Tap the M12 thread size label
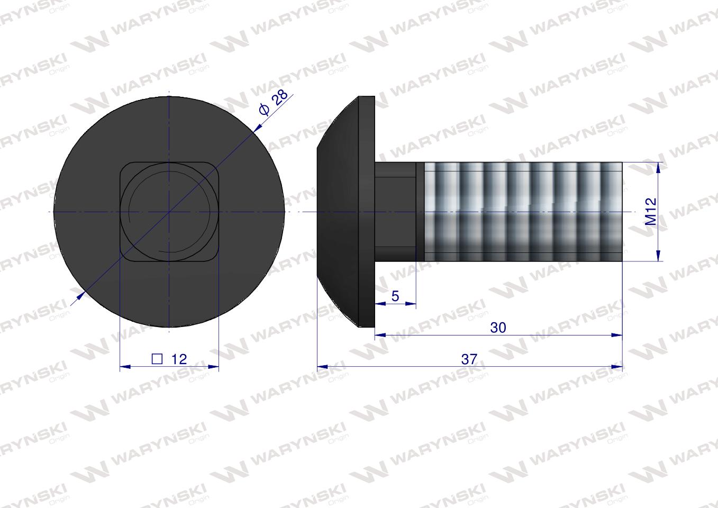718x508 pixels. (651, 212)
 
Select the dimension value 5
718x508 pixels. (395, 296)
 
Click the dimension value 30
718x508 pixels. (498, 328)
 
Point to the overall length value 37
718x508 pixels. (469, 359)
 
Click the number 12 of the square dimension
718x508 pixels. (179, 359)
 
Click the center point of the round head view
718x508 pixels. (169, 212)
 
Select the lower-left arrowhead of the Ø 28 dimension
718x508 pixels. (80, 297)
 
